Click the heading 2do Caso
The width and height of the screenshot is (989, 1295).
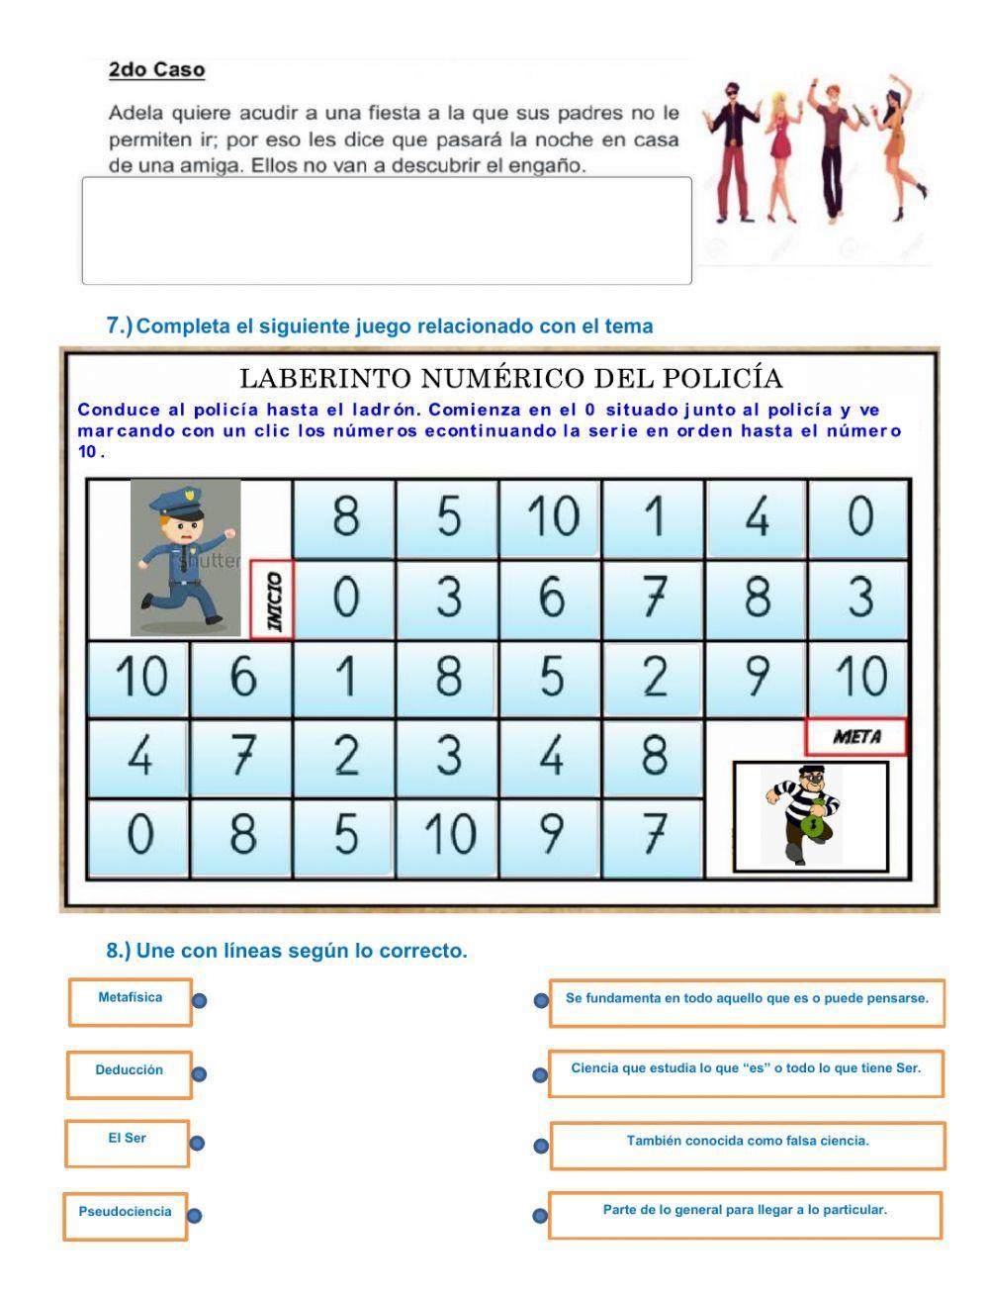tap(156, 70)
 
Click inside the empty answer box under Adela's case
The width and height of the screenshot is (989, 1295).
tap(386, 231)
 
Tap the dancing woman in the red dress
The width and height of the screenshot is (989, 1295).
tap(780, 153)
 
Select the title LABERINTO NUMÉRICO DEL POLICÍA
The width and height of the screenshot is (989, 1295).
tap(510, 378)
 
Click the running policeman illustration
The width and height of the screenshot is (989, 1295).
tap(185, 557)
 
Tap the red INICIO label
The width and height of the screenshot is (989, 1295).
tap(272, 600)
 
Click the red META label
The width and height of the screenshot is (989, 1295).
tap(855, 737)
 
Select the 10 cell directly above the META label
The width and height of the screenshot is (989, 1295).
tap(859, 678)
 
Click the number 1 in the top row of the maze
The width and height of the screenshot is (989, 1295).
tap(654, 516)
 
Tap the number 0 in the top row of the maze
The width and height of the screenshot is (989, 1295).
tap(859, 516)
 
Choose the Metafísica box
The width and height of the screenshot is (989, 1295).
tap(130, 1001)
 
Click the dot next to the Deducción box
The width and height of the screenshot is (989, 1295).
tap(199, 1074)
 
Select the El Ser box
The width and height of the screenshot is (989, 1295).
tap(127, 1143)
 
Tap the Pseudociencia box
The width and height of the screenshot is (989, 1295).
tap(126, 1216)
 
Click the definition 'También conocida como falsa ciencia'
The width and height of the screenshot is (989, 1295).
tap(747, 1144)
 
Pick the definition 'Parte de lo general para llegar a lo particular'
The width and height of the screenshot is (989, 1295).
tap(745, 1214)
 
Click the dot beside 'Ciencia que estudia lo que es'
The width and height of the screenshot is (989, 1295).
tap(540, 1075)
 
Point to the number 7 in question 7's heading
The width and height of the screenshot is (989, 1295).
tap(115, 325)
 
